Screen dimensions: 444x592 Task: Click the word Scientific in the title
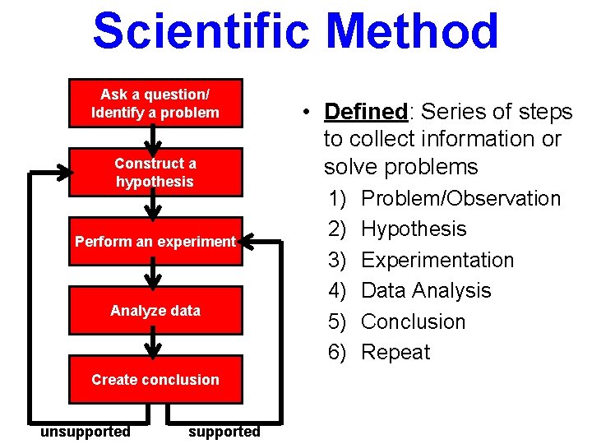point(202,31)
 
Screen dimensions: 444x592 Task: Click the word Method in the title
point(412,31)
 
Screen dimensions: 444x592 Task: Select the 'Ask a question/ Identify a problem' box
point(155,104)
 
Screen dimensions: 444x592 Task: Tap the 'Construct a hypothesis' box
point(155,173)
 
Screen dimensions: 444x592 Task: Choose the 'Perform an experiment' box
point(155,242)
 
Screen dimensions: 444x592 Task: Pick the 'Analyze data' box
point(155,311)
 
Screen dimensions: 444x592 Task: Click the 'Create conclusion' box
point(155,380)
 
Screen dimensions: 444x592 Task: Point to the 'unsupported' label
point(86,431)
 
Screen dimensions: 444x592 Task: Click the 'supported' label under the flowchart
point(224,431)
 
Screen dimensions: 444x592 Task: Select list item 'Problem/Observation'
point(460,198)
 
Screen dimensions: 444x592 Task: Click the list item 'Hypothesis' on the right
point(414,229)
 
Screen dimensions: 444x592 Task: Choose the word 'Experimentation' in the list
point(437,260)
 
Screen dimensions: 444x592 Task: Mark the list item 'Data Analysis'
point(426,290)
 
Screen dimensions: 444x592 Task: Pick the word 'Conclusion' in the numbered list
point(414,321)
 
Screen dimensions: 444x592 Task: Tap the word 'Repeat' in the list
point(395,352)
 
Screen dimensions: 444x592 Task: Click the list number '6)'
point(338,352)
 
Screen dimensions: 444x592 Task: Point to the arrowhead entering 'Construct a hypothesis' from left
point(62,173)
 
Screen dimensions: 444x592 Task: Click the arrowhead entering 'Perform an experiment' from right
point(249,242)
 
